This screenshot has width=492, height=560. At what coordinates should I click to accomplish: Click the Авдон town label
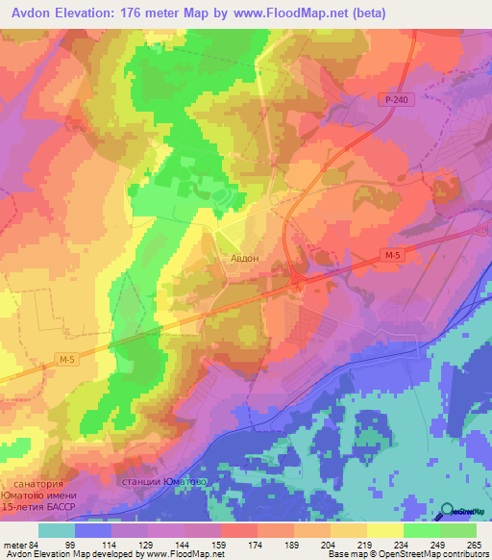coord(244,258)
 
